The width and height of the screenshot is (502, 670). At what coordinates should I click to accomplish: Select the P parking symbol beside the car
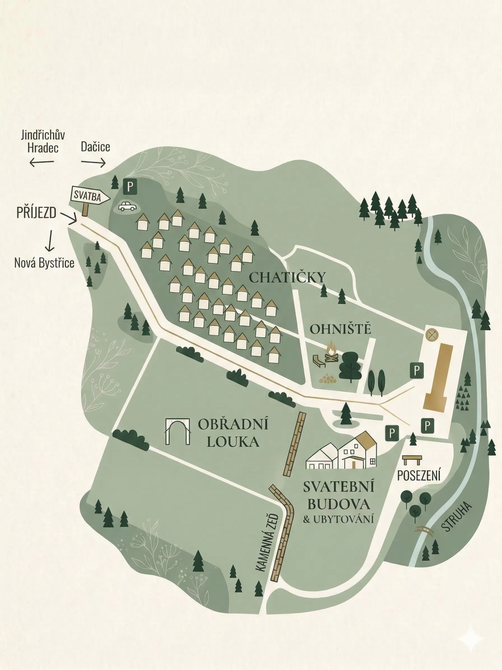130,187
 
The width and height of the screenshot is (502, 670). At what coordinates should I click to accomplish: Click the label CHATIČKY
287,278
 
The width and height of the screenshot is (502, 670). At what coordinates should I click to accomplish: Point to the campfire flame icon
332,348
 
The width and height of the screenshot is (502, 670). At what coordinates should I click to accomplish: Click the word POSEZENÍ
419,476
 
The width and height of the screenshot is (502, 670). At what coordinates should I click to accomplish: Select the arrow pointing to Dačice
93,163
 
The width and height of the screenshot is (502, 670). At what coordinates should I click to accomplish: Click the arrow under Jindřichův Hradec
42,163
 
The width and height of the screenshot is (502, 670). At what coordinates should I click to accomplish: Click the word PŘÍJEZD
36,213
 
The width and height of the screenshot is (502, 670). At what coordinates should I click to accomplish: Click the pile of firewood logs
327,379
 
